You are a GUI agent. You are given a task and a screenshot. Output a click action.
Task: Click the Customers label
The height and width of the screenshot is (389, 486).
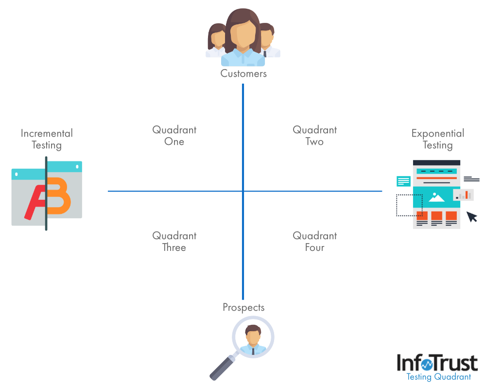pyautogui.click(x=243, y=73)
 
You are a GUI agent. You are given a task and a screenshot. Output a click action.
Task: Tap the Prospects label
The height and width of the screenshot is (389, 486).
pyautogui.click(x=243, y=307)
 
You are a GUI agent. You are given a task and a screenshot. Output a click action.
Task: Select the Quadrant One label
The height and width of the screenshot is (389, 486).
pyautogui.click(x=174, y=136)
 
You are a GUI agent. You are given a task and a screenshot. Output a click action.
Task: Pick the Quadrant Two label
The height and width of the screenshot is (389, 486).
pyautogui.click(x=314, y=136)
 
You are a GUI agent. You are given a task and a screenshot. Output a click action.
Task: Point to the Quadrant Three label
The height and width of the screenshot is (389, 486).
pyautogui.click(x=174, y=241)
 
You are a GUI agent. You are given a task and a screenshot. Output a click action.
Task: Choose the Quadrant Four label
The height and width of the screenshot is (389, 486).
pyautogui.click(x=314, y=241)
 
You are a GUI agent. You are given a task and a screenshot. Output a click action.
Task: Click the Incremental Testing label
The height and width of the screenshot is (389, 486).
pyautogui.click(x=47, y=139)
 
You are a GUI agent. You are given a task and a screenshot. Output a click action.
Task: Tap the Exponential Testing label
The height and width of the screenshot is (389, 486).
pyautogui.click(x=437, y=139)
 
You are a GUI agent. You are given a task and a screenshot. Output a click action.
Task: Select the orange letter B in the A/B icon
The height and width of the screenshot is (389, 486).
pyautogui.click(x=59, y=198)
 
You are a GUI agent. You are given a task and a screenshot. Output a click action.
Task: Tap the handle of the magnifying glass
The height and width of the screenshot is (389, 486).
pyautogui.click(x=222, y=368)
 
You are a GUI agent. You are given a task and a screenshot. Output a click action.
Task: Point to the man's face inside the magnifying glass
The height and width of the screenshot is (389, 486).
pyautogui.click(x=253, y=335)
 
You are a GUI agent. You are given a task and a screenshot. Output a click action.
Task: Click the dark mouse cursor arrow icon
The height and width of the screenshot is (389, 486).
pyautogui.click(x=472, y=216)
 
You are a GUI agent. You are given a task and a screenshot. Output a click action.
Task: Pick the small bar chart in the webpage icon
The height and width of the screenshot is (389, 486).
pyautogui.click(x=464, y=195)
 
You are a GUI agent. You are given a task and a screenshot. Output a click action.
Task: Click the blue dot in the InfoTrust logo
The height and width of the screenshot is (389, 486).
pyautogui.click(x=426, y=364)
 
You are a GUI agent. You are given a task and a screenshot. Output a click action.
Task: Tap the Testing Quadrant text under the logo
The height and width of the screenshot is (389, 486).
pyautogui.click(x=438, y=377)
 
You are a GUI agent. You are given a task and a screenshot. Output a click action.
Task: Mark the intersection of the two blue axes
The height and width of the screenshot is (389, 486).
pyautogui.click(x=243, y=191)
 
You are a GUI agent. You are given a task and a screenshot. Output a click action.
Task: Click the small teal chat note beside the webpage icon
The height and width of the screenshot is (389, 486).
pyautogui.click(x=403, y=181)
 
